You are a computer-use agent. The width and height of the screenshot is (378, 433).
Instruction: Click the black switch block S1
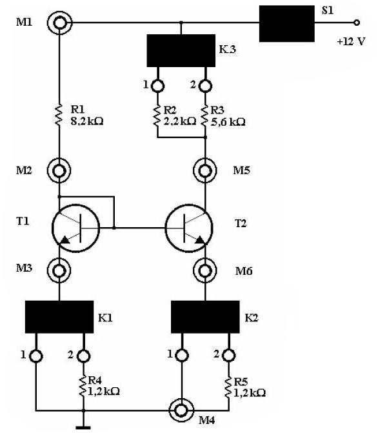(x=286, y=24)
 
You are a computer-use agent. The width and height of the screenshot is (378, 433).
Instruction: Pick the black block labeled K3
(x=181, y=50)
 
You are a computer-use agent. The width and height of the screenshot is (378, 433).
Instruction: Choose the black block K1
(x=59, y=317)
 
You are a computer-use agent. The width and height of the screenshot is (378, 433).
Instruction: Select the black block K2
(x=205, y=317)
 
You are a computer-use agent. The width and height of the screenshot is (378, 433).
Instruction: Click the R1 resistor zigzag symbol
(x=59, y=115)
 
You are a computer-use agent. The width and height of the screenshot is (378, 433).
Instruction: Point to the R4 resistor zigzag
(x=83, y=386)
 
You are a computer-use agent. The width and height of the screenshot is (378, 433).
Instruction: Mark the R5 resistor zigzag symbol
(x=228, y=388)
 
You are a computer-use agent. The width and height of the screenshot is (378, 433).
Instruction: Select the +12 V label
(x=351, y=41)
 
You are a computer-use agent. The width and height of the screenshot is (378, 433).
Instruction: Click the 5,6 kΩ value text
(x=228, y=122)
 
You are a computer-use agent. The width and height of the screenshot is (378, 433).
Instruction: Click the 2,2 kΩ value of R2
(x=180, y=121)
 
